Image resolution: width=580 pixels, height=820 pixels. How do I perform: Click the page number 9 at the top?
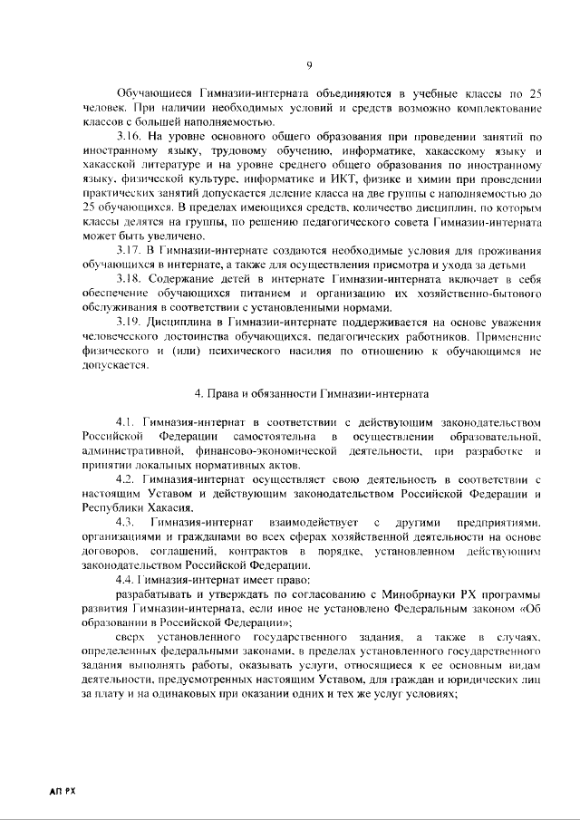[309, 64]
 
